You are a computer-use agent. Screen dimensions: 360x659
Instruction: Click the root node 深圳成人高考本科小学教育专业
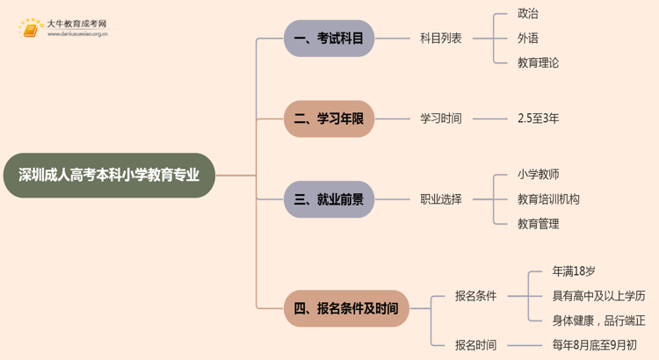(109, 175)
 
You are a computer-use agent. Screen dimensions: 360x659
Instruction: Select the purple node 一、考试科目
(329, 39)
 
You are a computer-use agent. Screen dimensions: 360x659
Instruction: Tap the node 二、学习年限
(329, 119)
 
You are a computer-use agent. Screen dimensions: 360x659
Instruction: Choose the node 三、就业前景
(329, 199)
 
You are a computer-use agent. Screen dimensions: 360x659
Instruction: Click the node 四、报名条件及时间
(346, 308)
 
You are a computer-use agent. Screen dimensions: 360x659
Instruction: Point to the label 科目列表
(441, 39)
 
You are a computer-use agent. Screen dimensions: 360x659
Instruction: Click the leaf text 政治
(528, 14)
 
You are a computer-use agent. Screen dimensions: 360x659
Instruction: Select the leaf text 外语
(528, 39)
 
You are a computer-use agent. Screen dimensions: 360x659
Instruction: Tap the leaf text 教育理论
(538, 63)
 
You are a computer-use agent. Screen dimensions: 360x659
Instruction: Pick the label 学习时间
(441, 119)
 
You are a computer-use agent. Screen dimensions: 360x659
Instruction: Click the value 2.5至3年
(539, 119)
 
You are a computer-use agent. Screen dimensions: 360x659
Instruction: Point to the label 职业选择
(441, 199)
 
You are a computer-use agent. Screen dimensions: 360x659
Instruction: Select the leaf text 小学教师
(539, 175)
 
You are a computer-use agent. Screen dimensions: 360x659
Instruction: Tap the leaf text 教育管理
(539, 224)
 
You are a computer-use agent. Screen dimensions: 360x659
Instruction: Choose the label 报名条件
(475, 296)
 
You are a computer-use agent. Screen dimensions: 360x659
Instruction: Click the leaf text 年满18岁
(574, 271)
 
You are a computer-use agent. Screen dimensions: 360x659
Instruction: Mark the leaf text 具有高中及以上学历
(598, 296)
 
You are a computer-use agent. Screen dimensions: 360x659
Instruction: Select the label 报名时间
(475, 345)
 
